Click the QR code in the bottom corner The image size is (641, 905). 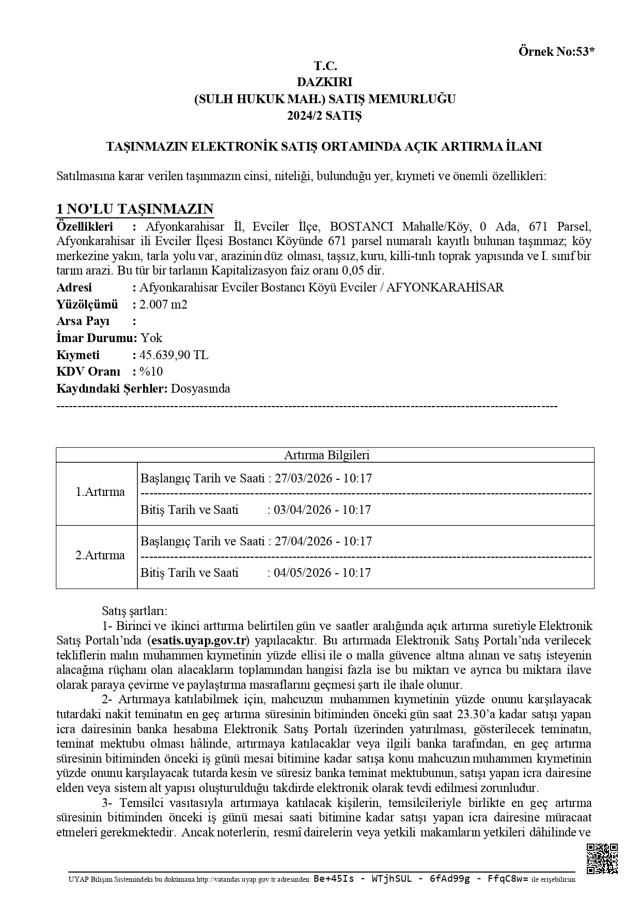[602, 858]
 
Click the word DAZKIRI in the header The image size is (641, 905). [325, 82]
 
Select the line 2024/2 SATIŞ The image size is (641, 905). [325, 115]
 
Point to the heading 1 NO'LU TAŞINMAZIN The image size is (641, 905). [135, 209]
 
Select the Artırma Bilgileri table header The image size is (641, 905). [326, 455]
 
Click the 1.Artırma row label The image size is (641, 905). [100, 492]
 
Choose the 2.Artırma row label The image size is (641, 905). [100, 555]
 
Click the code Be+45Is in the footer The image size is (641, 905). [334, 879]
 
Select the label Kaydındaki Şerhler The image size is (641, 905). [112, 389]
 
